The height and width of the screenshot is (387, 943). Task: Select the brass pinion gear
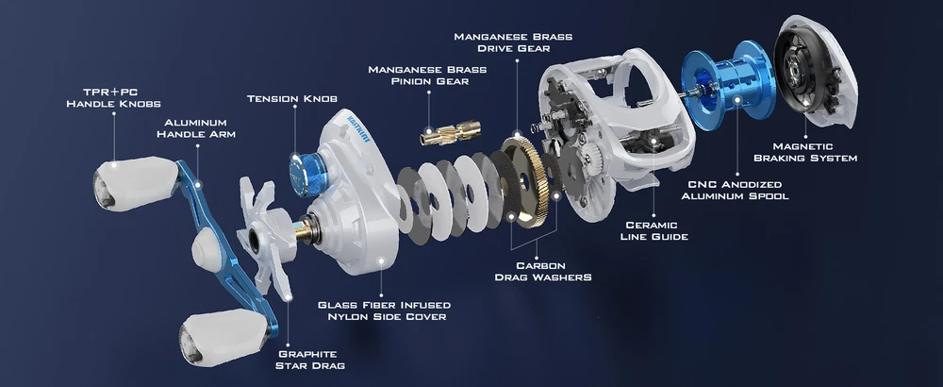coord(451,132)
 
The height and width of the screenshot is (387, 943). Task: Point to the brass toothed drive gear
coord(525,180)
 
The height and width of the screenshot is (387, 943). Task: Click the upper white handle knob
coord(135,182)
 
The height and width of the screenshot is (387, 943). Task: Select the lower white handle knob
coord(223,338)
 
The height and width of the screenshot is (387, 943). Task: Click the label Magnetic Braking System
coord(805,152)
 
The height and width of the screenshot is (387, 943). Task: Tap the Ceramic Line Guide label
coord(654,230)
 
